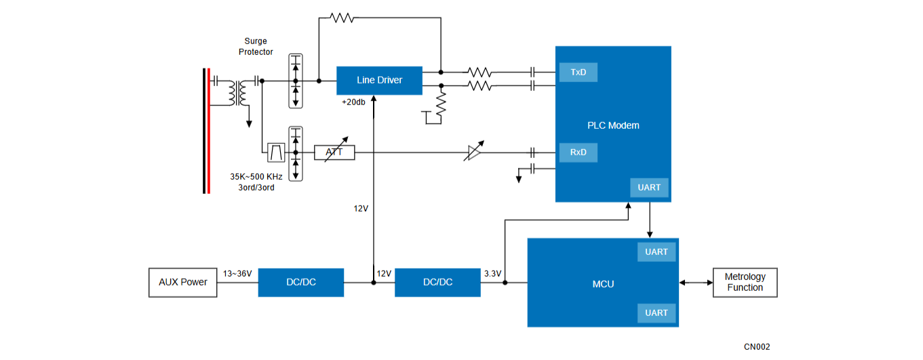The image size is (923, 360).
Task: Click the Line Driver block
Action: point(379,80)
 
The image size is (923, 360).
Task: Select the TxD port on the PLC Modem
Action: point(578,72)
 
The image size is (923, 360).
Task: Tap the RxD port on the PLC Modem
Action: point(578,153)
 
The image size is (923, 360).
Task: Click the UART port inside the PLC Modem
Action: point(649,188)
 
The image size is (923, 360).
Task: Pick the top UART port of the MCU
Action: point(656,252)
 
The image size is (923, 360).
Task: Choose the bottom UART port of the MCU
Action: point(656,313)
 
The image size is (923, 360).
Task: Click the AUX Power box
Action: point(183,283)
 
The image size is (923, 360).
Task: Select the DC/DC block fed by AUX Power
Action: point(301,283)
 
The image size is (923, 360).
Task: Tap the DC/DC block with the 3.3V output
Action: point(437,283)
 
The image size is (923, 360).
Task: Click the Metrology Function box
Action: point(745,283)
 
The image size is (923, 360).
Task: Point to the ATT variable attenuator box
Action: point(334,153)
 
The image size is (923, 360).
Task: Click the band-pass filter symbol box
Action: point(276,153)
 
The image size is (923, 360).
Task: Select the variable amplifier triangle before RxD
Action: point(474,153)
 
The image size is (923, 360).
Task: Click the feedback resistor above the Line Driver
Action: point(342,18)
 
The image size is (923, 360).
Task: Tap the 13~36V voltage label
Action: point(237,273)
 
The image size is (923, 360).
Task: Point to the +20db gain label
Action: point(353,102)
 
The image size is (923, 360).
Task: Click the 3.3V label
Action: point(492,273)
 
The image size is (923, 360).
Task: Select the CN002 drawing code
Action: point(757,347)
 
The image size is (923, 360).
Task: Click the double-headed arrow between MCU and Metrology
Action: point(696,283)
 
